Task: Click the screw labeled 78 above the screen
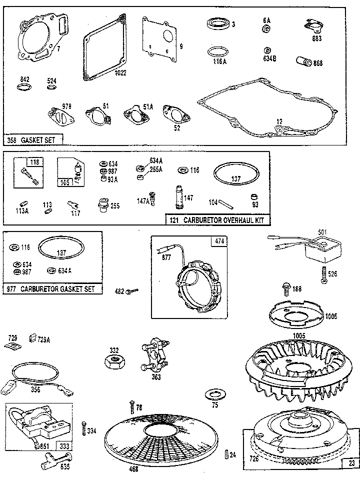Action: coord(132,406)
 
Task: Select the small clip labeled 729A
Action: coord(34,338)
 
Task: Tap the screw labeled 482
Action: coord(131,291)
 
